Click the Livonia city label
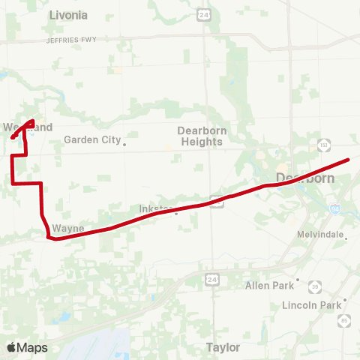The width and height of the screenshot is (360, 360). pyautogui.click(x=67, y=15)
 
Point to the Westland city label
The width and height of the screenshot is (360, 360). pyautogui.click(x=28, y=127)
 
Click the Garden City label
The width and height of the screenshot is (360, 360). pyautogui.click(x=91, y=139)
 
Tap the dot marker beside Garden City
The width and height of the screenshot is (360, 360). pyautogui.click(x=124, y=143)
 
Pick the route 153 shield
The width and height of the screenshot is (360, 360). pyautogui.click(x=325, y=144)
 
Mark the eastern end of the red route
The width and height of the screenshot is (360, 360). pyautogui.click(x=349, y=159)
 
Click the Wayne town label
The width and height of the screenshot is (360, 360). pyautogui.click(x=67, y=228)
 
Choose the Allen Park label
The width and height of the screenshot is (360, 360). pyautogui.click(x=270, y=285)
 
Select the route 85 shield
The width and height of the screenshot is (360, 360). pyautogui.click(x=344, y=321)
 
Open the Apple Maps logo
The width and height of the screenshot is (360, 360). pyautogui.click(x=27, y=347)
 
